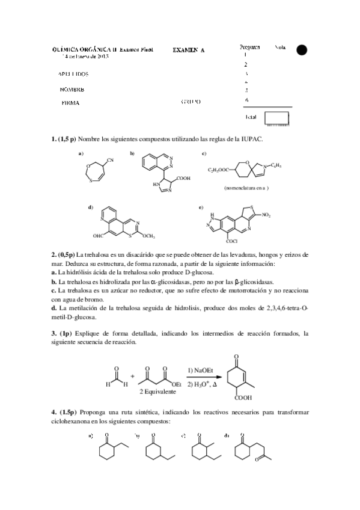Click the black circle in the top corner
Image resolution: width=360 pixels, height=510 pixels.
302,50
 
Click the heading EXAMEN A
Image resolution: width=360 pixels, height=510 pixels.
189,51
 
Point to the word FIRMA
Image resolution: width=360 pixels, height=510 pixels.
71,103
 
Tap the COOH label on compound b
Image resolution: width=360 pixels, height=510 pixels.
184,179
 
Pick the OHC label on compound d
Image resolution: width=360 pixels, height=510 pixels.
99,238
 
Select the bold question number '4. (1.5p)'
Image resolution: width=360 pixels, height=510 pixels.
64,413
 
